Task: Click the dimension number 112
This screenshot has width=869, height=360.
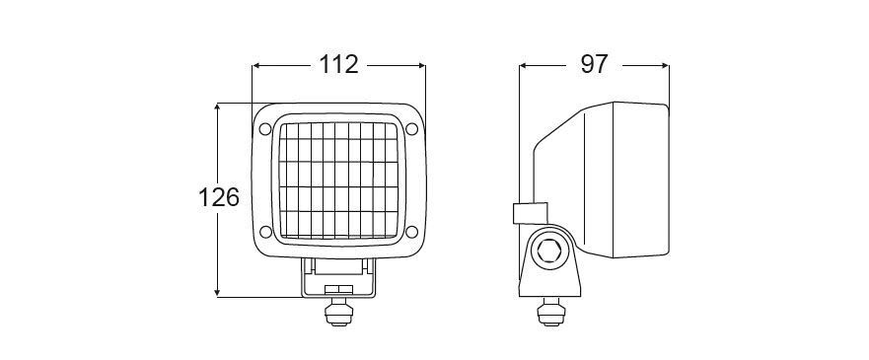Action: pos(338,65)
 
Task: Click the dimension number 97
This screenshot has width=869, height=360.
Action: pos(594,65)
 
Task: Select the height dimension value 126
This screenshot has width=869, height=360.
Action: pos(219,197)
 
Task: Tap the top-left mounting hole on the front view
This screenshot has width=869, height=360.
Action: pos(265,129)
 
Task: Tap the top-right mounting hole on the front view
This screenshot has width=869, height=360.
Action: pos(411,129)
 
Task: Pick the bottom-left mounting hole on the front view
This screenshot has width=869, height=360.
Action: pos(265,232)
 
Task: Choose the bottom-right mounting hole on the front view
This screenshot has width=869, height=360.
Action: pos(411,232)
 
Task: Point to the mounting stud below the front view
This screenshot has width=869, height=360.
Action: pos(338,312)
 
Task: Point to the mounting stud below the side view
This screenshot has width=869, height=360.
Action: pos(550,312)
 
